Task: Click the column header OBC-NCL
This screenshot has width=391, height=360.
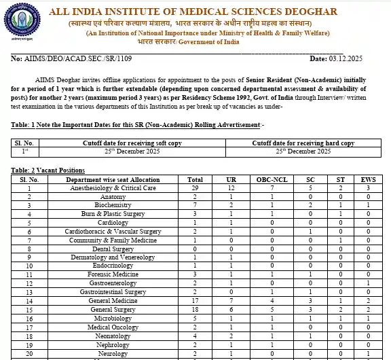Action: pyautogui.click(x=272, y=179)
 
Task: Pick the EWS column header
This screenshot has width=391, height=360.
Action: pyautogui.click(x=367, y=179)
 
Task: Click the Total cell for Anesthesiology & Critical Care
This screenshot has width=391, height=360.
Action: pyautogui.click(x=195, y=187)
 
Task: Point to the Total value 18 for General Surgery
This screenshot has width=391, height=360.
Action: pyautogui.click(x=195, y=309)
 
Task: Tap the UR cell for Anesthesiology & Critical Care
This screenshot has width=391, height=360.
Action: pyautogui.click(x=231, y=187)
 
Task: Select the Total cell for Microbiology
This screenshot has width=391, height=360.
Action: pyautogui.click(x=195, y=317)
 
